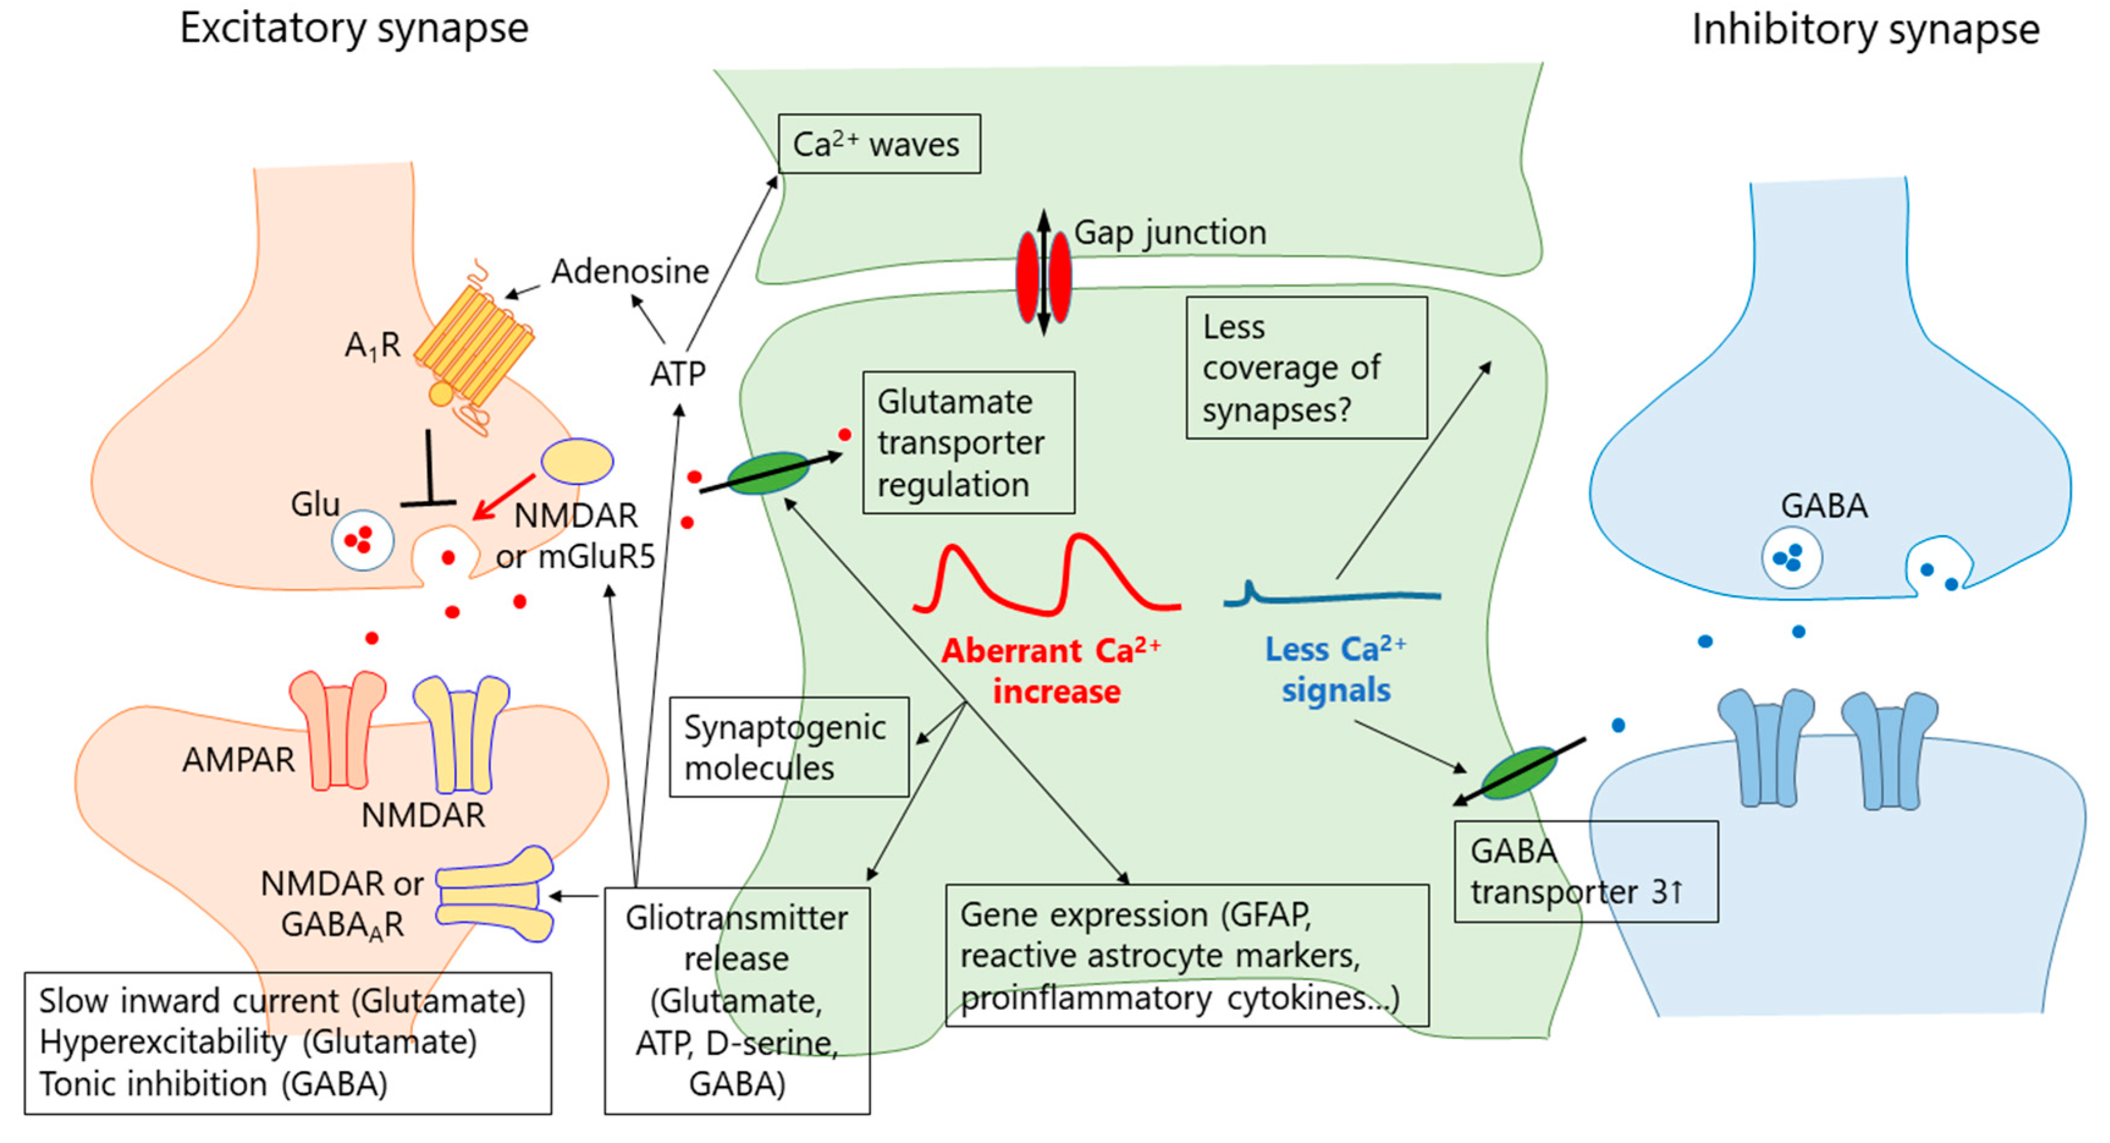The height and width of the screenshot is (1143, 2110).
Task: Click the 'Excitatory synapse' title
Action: [x=354, y=29]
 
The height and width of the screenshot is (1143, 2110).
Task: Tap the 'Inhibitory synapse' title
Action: [x=1865, y=31]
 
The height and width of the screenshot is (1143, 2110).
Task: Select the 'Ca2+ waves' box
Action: [x=878, y=144]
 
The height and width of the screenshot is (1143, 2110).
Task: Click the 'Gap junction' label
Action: [x=1170, y=233]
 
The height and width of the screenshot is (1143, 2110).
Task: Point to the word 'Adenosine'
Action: [x=629, y=271]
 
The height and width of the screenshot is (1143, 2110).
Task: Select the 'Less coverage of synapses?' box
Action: [x=1306, y=368]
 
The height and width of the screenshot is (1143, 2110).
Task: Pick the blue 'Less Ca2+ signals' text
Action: [x=1335, y=670]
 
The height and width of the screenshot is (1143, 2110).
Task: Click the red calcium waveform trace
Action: [x=1047, y=578]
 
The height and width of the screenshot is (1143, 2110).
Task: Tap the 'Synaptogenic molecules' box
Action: [x=788, y=747]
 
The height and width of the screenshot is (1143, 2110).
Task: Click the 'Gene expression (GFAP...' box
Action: [x=1186, y=955]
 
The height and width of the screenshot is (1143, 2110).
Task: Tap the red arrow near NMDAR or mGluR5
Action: [x=503, y=497]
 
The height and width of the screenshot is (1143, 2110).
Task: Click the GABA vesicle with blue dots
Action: [x=1791, y=558]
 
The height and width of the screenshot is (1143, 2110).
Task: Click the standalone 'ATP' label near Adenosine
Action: [x=677, y=374]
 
